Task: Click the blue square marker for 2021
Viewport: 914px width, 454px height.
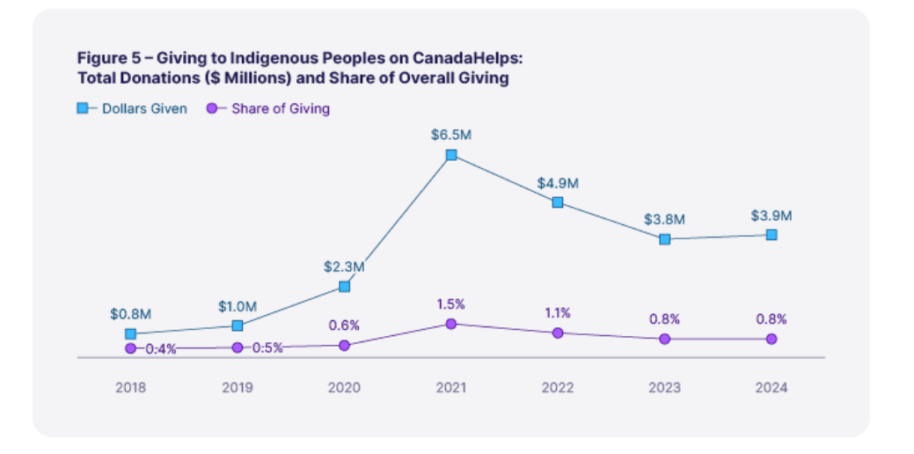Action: tap(451, 155)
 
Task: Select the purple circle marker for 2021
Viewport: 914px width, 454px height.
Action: tap(451, 324)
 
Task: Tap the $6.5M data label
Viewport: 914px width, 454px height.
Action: tap(451, 135)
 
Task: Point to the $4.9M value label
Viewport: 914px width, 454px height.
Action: tap(558, 183)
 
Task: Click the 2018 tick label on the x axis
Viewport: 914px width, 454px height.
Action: tap(130, 387)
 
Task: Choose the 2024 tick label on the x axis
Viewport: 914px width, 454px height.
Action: tap(771, 387)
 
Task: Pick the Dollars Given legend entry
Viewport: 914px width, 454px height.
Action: tap(132, 109)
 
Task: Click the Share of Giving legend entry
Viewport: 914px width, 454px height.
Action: tap(269, 109)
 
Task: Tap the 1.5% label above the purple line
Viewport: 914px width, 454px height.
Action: tap(450, 304)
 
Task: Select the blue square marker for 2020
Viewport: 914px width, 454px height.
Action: tap(344, 287)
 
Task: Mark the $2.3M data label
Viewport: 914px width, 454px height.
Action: tap(344, 266)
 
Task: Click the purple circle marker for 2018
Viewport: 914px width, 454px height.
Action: tap(130, 348)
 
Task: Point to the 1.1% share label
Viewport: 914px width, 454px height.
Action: tap(557, 312)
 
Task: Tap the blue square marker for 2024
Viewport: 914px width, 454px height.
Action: tap(771, 235)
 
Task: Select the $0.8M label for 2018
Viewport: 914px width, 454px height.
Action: tap(129, 313)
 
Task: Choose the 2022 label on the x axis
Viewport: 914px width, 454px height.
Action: tap(558, 387)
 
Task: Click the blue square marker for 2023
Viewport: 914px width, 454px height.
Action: tap(665, 238)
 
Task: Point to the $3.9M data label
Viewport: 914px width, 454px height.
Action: tap(771, 216)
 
